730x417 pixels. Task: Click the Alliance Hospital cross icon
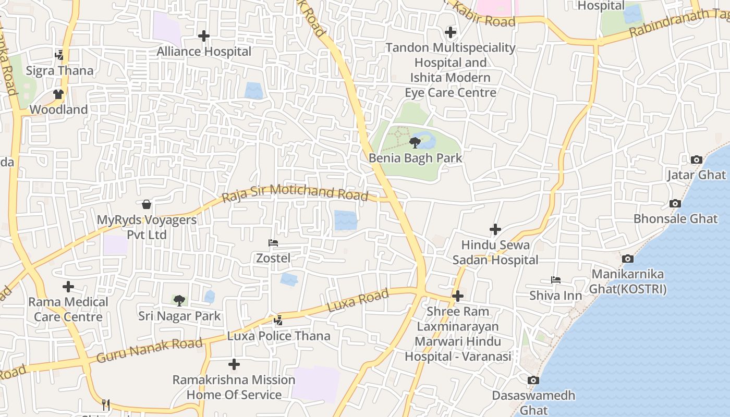(204, 36)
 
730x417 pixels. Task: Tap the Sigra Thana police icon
(59, 55)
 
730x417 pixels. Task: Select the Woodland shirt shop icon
(58, 94)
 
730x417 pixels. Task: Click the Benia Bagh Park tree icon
(415, 142)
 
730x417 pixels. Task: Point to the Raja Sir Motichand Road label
(295, 193)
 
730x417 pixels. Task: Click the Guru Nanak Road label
(149, 350)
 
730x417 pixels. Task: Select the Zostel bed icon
(273, 243)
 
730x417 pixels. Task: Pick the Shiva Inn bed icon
(556, 280)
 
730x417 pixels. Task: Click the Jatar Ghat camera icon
(696, 160)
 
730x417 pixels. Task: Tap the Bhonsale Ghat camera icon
(675, 203)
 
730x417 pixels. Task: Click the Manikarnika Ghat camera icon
(628, 259)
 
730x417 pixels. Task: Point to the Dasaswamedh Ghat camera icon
(533, 380)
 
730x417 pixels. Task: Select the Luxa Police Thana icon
(278, 320)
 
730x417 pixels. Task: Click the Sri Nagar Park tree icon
(179, 300)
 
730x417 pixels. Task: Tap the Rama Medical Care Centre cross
(68, 287)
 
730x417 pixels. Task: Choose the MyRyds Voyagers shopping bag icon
(147, 204)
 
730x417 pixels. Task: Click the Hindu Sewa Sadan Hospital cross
(495, 229)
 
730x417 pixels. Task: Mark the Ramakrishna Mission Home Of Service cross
(234, 364)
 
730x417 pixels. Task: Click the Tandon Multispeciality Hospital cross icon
(451, 32)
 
